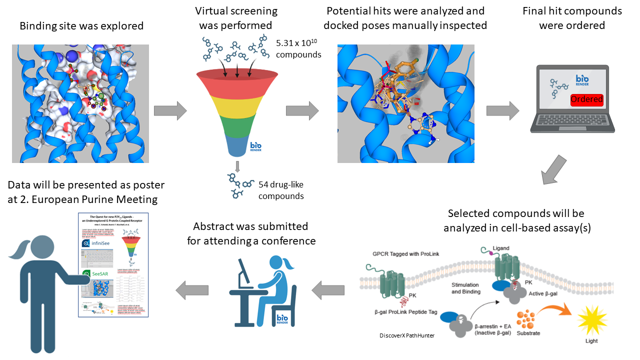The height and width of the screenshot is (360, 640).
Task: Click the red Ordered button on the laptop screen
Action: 586,99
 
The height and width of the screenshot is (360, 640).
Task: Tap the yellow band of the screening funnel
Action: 237,104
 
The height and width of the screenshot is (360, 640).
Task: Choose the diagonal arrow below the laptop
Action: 554,169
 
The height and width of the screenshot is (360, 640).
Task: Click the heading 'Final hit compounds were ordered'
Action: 571,17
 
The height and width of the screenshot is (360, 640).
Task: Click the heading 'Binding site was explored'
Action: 81,25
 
